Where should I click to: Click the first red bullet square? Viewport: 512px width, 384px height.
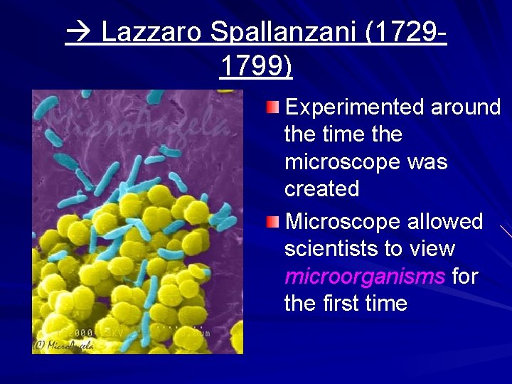[x=274, y=107]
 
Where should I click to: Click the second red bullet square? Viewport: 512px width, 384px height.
[x=274, y=222]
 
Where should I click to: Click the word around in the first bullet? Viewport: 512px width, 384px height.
[x=465, y=107]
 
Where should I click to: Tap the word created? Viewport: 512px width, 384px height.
[x=322, y=189]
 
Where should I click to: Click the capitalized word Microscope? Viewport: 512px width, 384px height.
[x=343, y=222]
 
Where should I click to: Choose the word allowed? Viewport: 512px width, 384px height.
[x=446, y=222]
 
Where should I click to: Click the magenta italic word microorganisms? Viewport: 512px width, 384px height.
[x=364, y=276]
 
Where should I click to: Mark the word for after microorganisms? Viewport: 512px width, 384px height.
[x=465, y=276]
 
